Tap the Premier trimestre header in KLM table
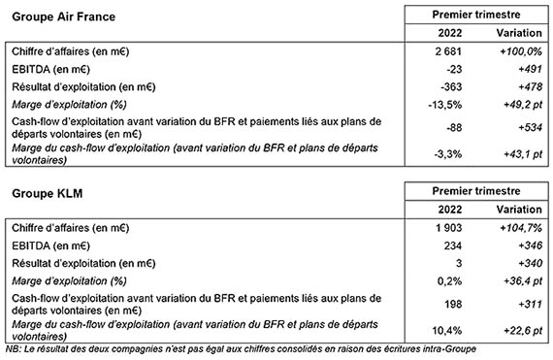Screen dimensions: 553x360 coord(474,193)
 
